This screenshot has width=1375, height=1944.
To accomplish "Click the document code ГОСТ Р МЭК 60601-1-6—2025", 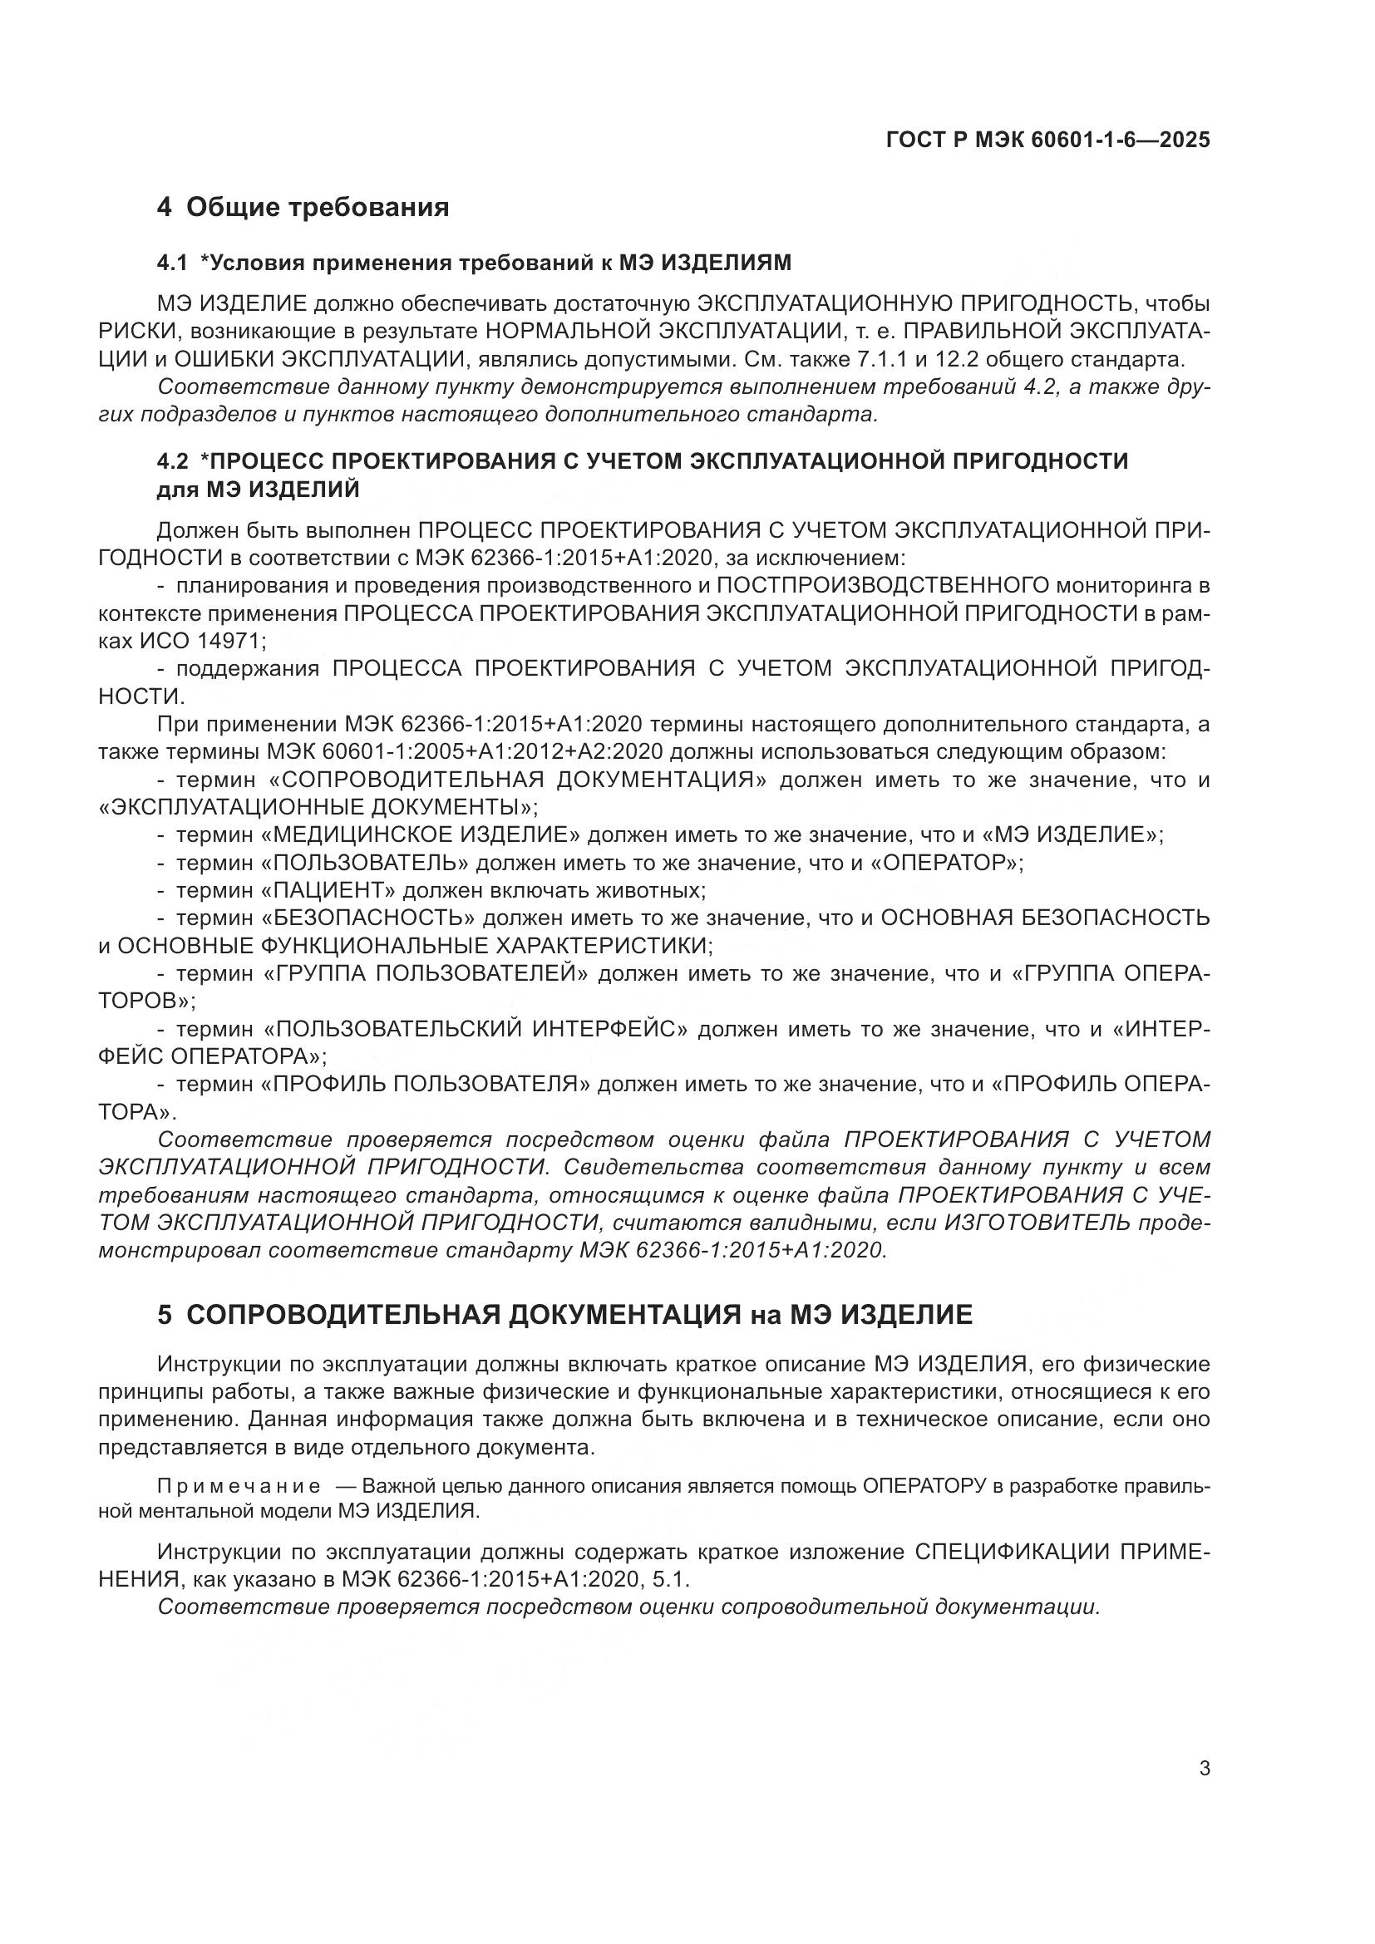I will click(1047, 140).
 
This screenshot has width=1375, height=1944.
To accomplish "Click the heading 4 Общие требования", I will click(303, 207).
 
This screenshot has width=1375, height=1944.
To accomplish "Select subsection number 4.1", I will click(172, 263).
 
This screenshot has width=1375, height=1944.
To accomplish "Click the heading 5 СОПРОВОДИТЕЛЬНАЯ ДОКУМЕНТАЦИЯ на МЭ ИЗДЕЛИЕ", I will click(564, 1314).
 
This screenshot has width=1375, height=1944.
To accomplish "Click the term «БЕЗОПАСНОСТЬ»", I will click(367, 918).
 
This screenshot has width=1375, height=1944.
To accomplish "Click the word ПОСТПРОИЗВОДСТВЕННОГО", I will click(878, 585).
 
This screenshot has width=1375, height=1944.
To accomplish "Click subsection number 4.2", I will click(172, 461).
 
